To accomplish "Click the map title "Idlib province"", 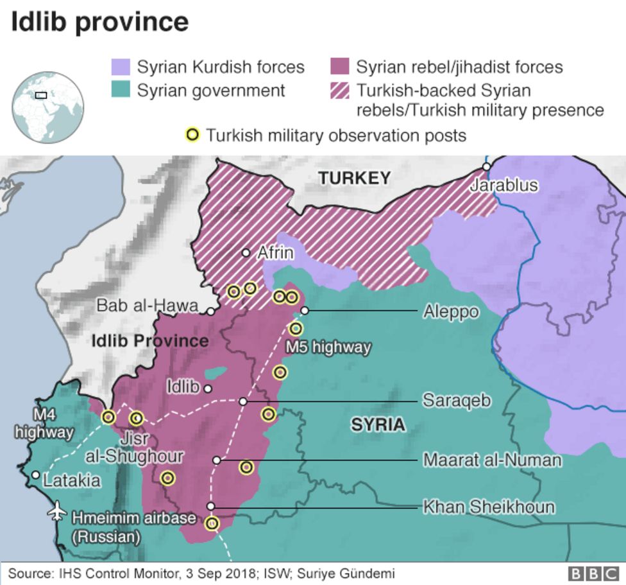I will coord(100,22).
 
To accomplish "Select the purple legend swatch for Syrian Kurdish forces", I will coord(121,67).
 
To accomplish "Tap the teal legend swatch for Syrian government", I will coord(121,90).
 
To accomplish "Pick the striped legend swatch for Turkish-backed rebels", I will coord(339,90).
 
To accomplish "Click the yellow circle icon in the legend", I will coord(192,135).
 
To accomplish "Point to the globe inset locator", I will coord(48,107).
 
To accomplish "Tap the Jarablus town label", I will coord(503,186).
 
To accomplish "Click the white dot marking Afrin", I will coord(246,253).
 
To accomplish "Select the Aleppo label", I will coord(451,311).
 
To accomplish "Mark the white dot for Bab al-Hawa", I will coord(210,311).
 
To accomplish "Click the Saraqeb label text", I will coord(457,401).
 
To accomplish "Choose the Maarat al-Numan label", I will coord(492,460).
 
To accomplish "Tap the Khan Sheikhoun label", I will coord(489,507).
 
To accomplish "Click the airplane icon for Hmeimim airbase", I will coord(58,513).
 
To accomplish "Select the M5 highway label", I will coord(328,347).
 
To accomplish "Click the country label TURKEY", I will coord(355,179).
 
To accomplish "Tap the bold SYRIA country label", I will coord(378,424).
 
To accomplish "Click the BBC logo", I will coord(594,573).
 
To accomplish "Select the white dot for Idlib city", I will coord(207,389).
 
